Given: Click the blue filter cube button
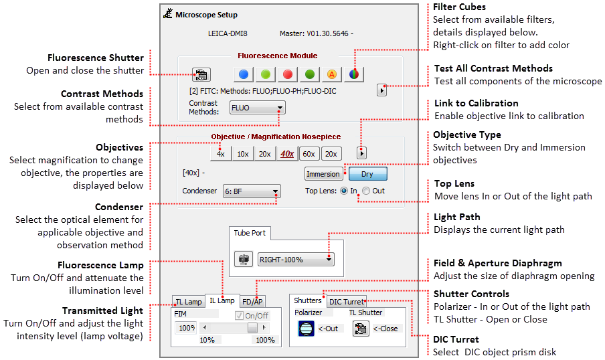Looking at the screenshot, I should click(x=244, y=74).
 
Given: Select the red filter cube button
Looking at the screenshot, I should click(x=287, y=74).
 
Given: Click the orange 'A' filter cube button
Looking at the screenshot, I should click(x=331, y=74).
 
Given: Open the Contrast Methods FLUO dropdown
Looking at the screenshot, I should click(x=257, y=107).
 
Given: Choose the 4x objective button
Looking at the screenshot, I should click(x=220, y=154).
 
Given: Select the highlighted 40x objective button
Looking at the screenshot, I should click(x=286, y=154).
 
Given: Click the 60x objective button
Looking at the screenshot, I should click(x=309, y=154).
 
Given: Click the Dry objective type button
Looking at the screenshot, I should click(x=367, y=174).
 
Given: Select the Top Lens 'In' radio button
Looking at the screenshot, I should click(x=344, y=191).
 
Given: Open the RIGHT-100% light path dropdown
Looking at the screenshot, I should click(x=295, y=258).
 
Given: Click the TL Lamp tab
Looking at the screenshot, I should click(x=188, y=302).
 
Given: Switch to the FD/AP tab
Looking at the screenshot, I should click(x=252, y=302).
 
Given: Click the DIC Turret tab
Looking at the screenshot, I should click(x=347, y=302).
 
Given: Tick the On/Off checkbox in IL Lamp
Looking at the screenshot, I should click(x=238, y=316).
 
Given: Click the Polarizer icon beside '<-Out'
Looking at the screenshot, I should click(x=306, y=329).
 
